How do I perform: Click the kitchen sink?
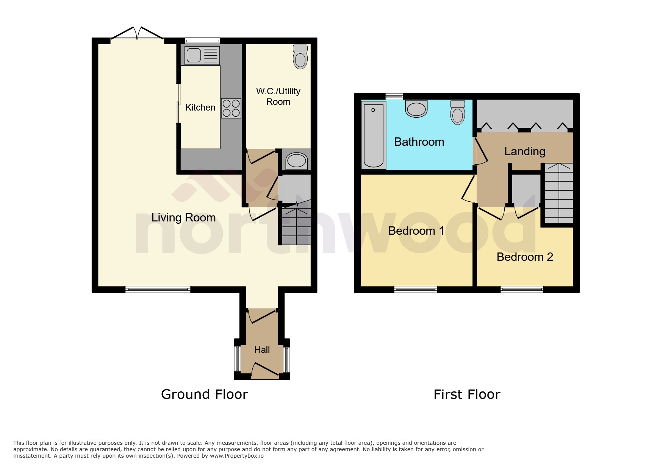point(202,55)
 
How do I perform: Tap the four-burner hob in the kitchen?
point(231,108)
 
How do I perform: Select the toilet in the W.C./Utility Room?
point(300,57)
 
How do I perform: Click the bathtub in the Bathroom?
point(373,136)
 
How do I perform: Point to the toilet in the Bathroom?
point(458,112)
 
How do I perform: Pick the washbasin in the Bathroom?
point(416,109)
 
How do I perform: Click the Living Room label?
point(183,218)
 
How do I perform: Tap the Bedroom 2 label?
point(525,257)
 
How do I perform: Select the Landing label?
point(525,151)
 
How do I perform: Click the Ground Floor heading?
point(204,394)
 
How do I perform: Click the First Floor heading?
point(467,394)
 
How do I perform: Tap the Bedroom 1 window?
point(416,290)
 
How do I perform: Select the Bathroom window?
point(394,97)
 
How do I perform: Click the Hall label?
point(262,350)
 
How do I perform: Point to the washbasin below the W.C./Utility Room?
point(297,161)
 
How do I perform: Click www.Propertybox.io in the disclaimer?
point(236,456)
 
